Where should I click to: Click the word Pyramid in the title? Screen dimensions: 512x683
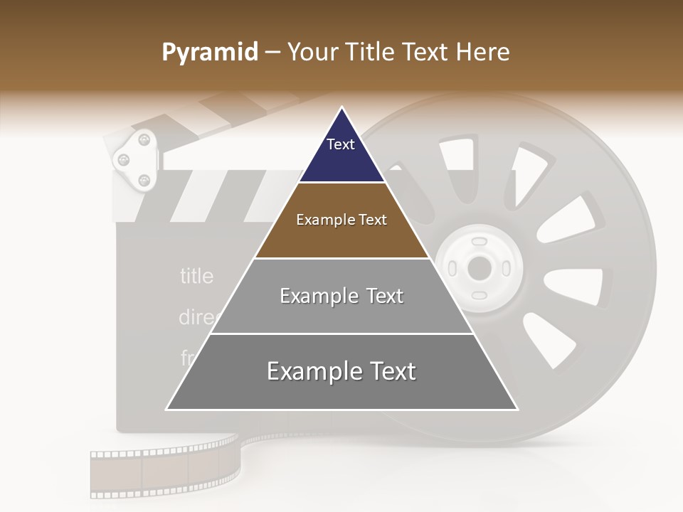[x=210, y=53]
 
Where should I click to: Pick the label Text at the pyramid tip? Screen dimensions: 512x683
[x=341, y=144]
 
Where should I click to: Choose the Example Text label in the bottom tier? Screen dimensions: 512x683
[x=341, y=371]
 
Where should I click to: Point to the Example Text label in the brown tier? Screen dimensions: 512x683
[x=341, y=220]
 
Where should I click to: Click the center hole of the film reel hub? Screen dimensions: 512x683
[x=479, y=269]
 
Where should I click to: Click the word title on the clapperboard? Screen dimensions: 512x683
[x=196, y=276]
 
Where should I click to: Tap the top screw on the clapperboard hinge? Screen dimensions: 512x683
[x=143, y=137]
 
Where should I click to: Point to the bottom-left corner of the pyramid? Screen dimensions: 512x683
[x=167, y=409]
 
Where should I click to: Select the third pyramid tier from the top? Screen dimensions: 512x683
[x=341, y=296]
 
